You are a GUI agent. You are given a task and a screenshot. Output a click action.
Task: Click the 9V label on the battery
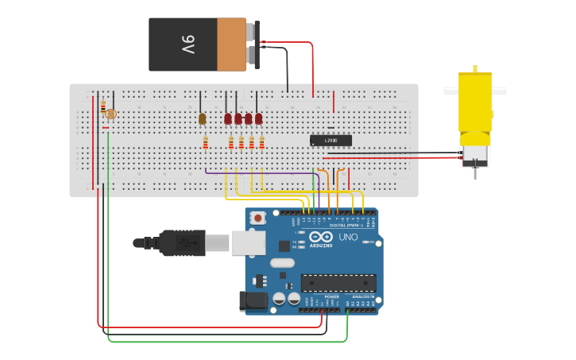(187, 44)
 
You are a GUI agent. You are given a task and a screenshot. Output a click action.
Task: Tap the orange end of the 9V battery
(231, 44)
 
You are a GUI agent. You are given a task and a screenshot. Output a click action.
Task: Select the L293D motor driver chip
(331, 141)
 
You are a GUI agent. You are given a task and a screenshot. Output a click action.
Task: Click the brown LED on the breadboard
(202, 118)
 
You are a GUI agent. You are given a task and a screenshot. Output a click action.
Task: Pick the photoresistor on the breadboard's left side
(110, 114)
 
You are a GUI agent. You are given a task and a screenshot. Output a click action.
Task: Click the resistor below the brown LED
(205, 143)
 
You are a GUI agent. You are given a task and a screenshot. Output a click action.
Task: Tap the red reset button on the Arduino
(257, 218)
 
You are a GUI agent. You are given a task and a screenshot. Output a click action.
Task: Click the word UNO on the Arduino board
(348, 238)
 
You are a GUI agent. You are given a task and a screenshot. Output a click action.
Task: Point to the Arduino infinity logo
(321, 237)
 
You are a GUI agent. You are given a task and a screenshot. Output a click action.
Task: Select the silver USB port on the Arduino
(248, 242)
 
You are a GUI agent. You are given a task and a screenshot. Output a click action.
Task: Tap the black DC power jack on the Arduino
(252, 300)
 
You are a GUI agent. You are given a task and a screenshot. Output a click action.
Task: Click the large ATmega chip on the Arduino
(338, 283)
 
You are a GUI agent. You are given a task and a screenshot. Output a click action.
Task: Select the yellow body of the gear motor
(475, 103)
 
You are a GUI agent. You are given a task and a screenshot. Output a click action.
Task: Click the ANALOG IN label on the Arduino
(363, 296)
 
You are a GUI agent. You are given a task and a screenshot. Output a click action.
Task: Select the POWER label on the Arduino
(331, 296)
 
